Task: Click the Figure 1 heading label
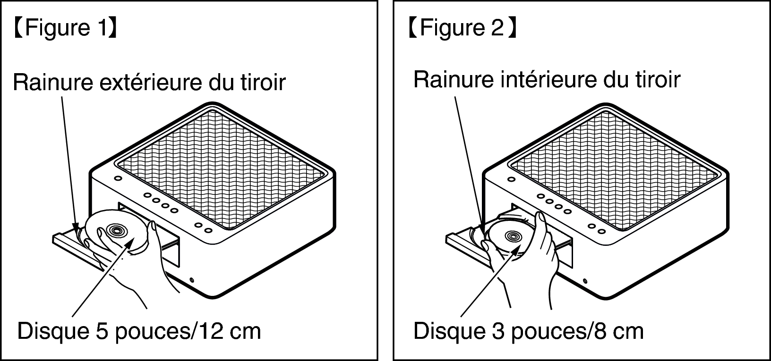(66, 27)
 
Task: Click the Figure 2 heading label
(462, 27)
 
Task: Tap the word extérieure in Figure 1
(151, 82)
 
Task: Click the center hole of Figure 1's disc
(116, 230)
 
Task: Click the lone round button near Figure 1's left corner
(118, 178)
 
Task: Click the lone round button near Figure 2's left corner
(512, 179)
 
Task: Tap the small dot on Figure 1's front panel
(192, 280)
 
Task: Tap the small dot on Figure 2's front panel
(585, 281)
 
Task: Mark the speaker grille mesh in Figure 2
(614, 170)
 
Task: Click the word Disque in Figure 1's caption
(53, 331)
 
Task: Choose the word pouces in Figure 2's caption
(548, 332)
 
